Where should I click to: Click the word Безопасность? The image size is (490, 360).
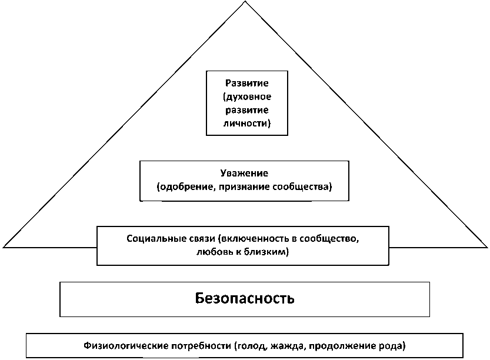244,298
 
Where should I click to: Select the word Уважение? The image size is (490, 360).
244,174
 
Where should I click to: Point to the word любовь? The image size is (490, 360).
214,252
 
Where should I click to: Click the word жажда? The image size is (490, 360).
281,345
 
